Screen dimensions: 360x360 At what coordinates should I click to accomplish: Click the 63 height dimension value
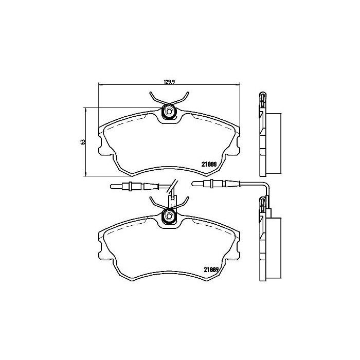click(82, 142)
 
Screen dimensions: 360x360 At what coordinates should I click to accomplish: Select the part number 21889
click(211, 269)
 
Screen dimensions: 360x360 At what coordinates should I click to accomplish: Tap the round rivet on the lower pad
click(168, 216)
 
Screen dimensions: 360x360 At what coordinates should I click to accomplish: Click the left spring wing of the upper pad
click(154, 98)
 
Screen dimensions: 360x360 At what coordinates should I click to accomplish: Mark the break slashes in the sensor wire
click(174, 186)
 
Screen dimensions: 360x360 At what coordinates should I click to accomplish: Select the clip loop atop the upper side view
click(262, 98)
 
